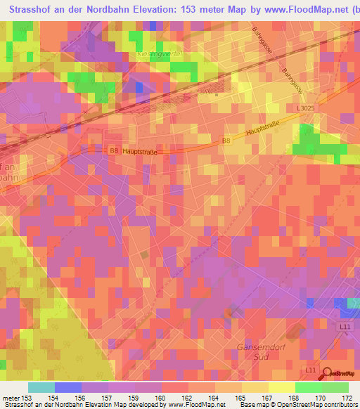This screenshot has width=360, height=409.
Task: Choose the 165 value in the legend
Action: coord(240,398)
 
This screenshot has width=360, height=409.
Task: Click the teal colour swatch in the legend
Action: coord(41,387)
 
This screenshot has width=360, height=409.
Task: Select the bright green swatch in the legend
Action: coord(309,387)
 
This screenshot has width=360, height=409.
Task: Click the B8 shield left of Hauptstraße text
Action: coord(114,151)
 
